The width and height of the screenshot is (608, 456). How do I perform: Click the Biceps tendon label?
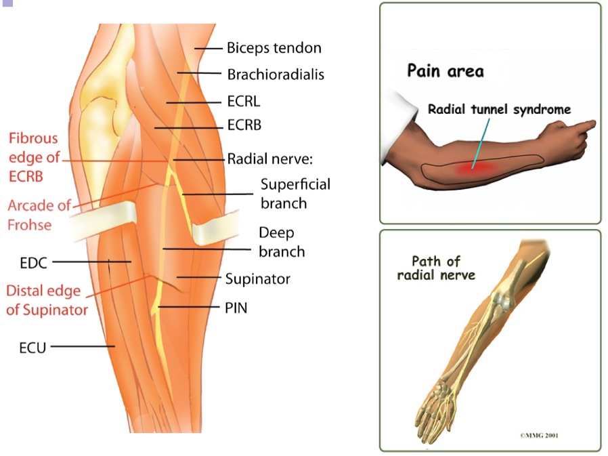[x=274, y=47]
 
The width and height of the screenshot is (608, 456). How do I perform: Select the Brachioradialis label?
[x=276, y=74]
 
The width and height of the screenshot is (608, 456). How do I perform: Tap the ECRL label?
[x=244, y=101]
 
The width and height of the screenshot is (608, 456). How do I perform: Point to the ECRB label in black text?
[x=244, y=125]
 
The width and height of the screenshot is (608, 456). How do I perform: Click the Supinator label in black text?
[x=258, y=279]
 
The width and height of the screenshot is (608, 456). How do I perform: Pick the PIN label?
[x=236, y=308]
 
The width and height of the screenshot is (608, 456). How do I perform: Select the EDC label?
[x=33, y=263]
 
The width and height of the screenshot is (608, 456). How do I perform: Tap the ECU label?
[x=32, y=348]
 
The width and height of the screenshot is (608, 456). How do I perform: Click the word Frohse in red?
[x=30, y=225]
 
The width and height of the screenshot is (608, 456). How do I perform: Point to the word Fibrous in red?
[x=33, y=138]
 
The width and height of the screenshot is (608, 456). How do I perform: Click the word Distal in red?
[x=43, y=291]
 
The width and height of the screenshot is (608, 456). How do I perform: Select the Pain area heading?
[x=446, y=71]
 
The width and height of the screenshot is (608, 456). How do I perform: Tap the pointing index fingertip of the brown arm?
[x=592, y=124]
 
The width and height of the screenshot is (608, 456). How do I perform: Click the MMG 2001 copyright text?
[x=539, y=435]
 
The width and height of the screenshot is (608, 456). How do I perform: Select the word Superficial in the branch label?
[x=295, y=185]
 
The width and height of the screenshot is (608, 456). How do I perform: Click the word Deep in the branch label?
[x=276, y=233]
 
